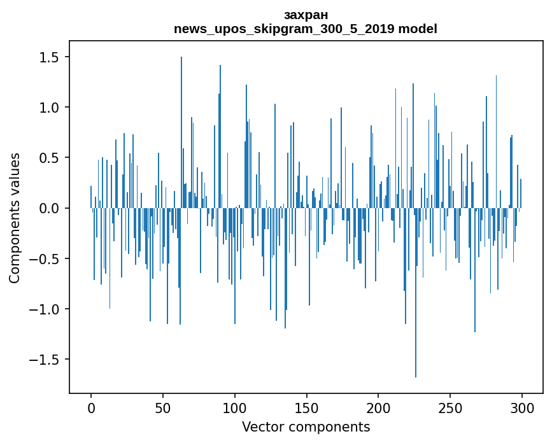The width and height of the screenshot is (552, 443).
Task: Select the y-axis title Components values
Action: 15,218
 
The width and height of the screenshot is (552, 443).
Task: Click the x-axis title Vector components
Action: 306,427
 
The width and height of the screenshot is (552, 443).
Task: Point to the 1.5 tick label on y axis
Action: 49,57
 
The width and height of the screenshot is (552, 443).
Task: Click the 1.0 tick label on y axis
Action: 49,108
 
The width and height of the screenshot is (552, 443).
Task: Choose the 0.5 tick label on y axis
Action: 49,158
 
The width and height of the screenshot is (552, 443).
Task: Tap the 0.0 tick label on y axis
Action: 49,208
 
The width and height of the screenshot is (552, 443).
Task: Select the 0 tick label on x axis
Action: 91,407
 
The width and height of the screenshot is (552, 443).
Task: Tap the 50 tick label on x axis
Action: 163,407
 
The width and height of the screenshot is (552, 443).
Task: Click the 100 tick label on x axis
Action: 235,407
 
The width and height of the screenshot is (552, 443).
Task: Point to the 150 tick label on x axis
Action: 307,407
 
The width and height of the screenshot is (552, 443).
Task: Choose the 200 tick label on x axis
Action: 378,407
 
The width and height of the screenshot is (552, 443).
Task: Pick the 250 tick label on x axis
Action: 450,407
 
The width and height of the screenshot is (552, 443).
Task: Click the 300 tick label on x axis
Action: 522,407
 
